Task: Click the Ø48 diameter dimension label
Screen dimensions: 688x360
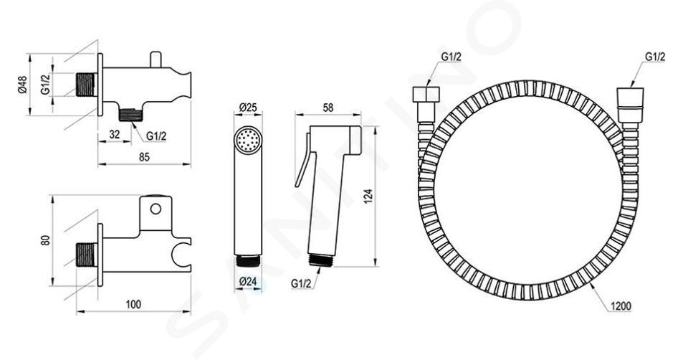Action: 23,85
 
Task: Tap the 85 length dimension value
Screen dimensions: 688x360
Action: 144,157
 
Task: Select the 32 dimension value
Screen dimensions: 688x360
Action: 115,134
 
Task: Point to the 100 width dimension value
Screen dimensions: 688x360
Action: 133,304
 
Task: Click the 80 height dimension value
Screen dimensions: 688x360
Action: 46,240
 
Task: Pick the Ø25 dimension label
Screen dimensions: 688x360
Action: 248,108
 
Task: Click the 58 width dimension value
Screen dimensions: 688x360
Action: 328,108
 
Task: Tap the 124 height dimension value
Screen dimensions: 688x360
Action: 368,196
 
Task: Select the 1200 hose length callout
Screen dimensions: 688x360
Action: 621,306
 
